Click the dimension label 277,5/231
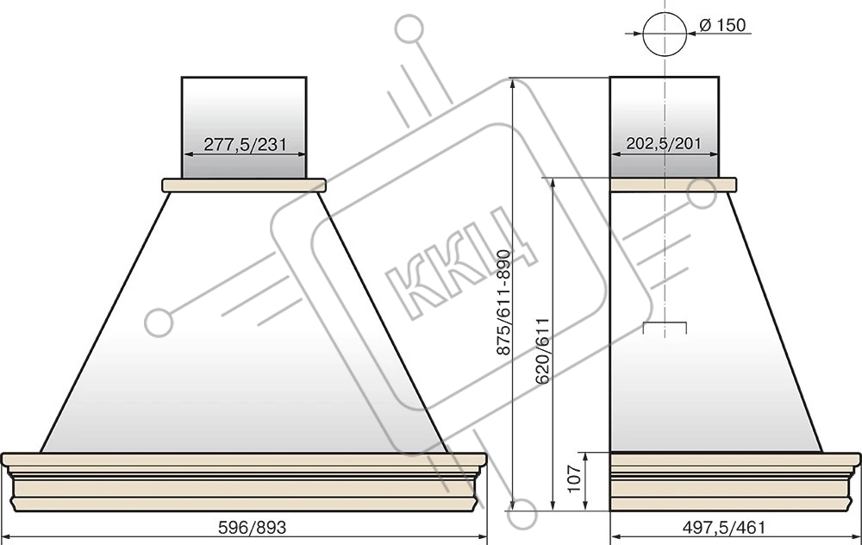[x=245, y=145]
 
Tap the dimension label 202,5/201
[x=664, y=143]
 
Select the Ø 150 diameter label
[x=723, y=25]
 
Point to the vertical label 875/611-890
[x=503, y=302]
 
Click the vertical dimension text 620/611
[x=542, y=350]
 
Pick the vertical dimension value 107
[x=573, y=479]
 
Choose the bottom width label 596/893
[x=253, y=528]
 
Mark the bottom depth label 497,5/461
[x=723, y=528]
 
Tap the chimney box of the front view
[x=244, y=127]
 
